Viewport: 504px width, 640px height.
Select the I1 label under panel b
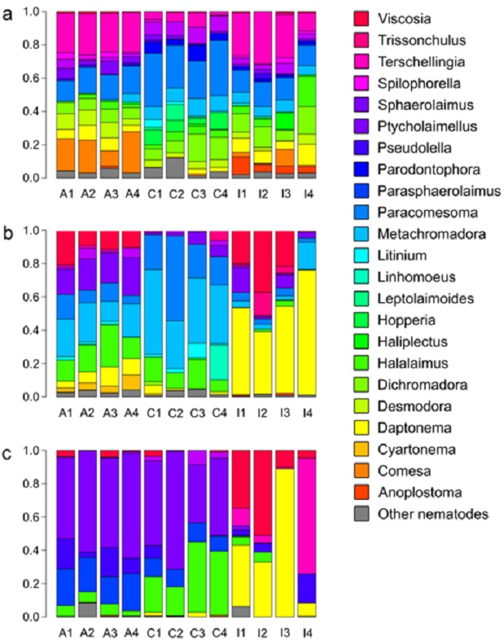tap(242, 412)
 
